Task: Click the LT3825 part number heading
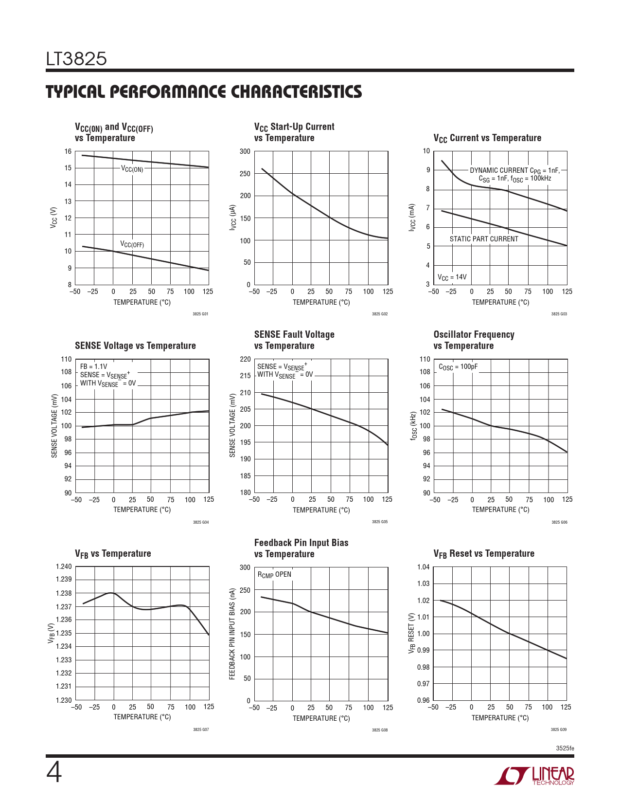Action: click(x=76, y=59)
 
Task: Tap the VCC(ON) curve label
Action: click(x=132, y=169)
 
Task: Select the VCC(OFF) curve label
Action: click(x=132, y=244)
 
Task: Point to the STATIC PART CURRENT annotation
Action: click(x=484, y=239)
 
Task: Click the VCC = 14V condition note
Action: click(x=452, y=277)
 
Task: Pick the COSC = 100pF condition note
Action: click(x=458, y=367)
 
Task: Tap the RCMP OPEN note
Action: click(x=274, y=575)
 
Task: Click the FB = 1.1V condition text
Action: click(x=93, y=366)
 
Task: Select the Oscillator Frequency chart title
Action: click(x=474, y=340)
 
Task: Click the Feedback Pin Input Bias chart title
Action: click(x=301, y=548)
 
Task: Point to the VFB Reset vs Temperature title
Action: click(x=484, y=554)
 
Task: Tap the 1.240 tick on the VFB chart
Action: click(x=64, y=566)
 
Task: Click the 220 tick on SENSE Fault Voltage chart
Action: click(x=246, y=359)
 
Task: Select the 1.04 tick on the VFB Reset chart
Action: click(x=424, y=567)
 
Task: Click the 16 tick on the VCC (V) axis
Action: click(x=68, y=151)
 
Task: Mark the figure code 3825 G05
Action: click(x=380, y=522)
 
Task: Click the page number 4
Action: click(x=54, y=773)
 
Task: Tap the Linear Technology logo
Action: click(x=534, y=776)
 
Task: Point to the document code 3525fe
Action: click(x=565, y=748)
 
